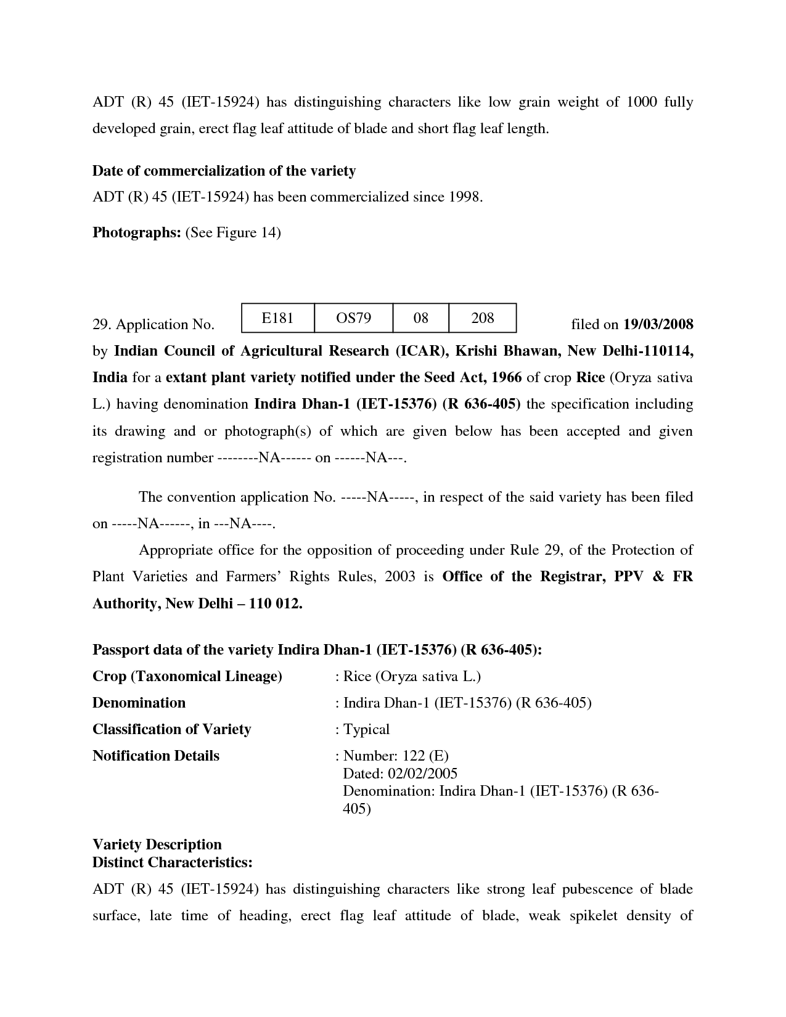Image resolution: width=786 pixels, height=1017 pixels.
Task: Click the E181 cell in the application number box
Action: point(277,318)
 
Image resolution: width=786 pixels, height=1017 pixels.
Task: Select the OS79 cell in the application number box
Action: point(353,318)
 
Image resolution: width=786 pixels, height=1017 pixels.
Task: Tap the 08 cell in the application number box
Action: point(420,318)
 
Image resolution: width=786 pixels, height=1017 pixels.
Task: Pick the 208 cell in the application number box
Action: point(482,318)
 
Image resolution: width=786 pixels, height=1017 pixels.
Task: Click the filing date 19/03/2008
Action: point(658,324)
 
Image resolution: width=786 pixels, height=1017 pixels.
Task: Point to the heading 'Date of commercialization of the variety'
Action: point(224,171)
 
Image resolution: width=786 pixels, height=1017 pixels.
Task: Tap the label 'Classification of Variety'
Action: point(171,729)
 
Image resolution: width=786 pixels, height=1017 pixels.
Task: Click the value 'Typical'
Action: point(366,729)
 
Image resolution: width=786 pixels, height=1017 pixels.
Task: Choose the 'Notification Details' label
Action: point(155,756)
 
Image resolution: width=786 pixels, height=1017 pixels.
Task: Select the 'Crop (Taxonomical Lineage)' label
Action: point(187,676)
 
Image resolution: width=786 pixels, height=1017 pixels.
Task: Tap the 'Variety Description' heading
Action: point(157,844)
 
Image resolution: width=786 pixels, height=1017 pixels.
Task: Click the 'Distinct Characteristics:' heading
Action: point(172,862)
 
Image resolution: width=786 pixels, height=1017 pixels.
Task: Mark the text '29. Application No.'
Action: point(153,325)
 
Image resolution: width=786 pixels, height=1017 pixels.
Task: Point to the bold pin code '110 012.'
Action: point(276,603)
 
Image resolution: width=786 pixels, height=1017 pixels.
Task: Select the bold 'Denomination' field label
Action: point(139,703)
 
